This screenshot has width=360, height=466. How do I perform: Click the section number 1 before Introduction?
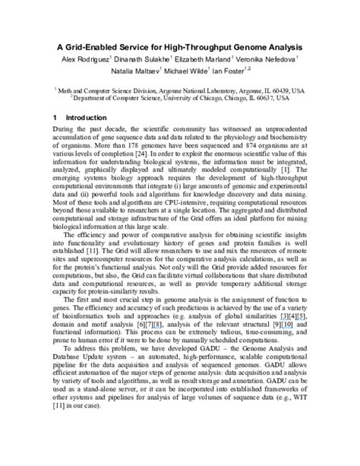(55, 119)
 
